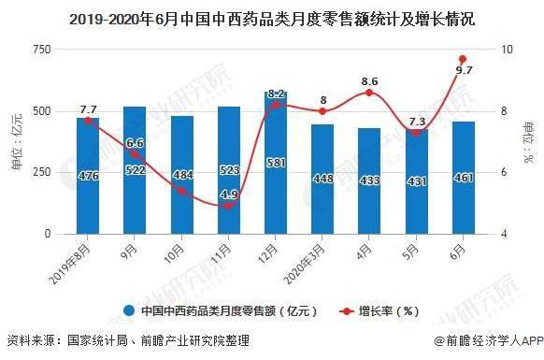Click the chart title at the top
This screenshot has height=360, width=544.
click(271, 15)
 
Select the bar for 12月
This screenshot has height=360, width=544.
click(276, 164)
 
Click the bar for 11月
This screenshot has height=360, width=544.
click(228, 171)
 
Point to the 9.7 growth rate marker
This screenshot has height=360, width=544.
click(462, 59)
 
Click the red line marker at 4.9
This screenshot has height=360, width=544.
click(228, 206)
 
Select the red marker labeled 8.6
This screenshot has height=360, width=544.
click(369, 93)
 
